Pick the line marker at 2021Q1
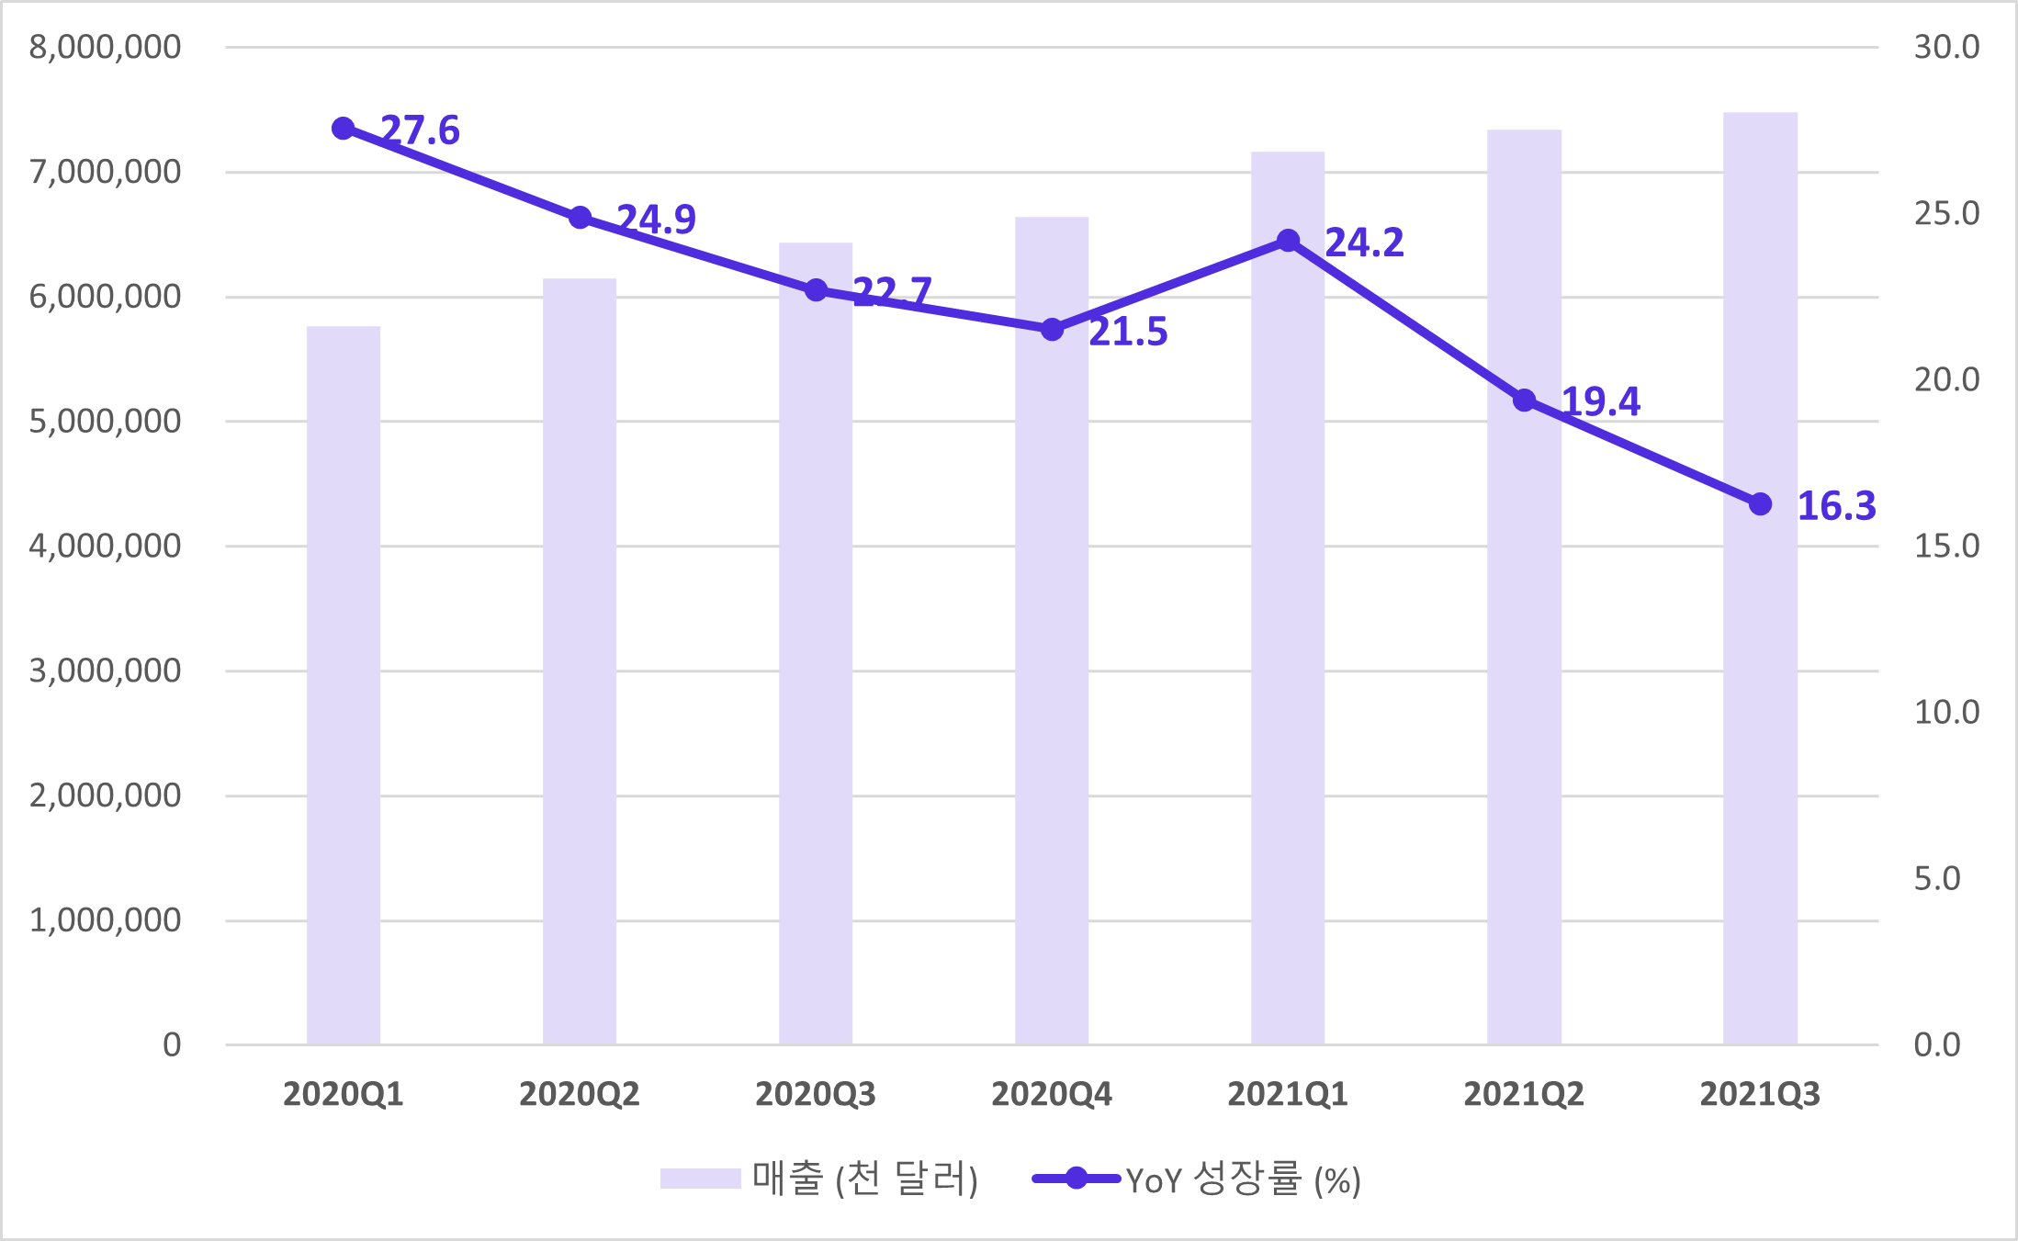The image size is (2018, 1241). (1289, 241)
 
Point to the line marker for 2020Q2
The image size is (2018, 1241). (580, 218)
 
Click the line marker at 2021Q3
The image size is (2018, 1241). (1760, 504)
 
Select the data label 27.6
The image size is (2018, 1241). (420, 130)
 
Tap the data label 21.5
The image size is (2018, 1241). (1128, 332)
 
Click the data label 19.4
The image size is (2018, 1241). (1600, 401)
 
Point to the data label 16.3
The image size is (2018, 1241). (1836, 506)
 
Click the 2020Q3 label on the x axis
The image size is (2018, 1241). (816, 1094)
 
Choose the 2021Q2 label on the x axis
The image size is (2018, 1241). (1524, 1094)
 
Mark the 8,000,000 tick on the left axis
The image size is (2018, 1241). (105, 47)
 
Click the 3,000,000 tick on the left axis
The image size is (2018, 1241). (105, 671)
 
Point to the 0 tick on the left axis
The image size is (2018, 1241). (172, 1044)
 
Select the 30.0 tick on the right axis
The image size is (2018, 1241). (1946, 47)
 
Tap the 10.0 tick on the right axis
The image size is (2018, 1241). (1946, 712)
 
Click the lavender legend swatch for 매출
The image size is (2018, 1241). (700, 1179)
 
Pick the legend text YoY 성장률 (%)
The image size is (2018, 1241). (1243, 1179)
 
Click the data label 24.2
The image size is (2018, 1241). (1364, 243)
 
